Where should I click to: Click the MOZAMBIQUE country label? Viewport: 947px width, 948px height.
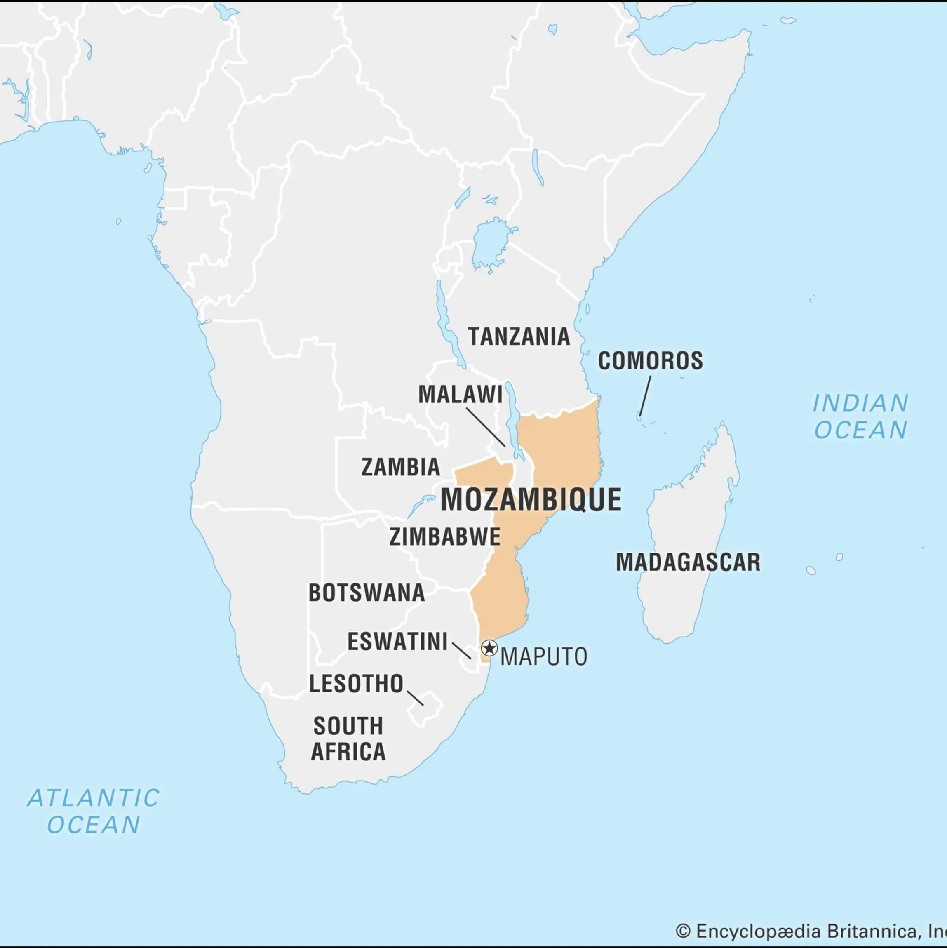coord(531,500)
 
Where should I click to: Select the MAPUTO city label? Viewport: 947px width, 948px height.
coord(544,657)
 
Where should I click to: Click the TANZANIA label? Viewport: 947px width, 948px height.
coord(519,336)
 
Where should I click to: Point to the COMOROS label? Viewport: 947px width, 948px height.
coord(650,361)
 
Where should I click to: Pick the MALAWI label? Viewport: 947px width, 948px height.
coord(460,395)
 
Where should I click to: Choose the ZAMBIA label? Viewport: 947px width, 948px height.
coord(400,467)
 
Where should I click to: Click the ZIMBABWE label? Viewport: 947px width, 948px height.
coord(444,537)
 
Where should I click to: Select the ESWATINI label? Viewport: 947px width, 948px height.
coord(397,642)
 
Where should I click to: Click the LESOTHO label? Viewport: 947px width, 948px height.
coord(356,684)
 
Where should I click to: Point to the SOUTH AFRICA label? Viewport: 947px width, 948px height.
coord(348,739)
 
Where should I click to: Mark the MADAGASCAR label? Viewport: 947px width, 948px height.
coord(688,562)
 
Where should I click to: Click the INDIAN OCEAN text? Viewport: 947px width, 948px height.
coord(861,416)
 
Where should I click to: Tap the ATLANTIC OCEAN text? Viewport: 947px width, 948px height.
coord(93,811)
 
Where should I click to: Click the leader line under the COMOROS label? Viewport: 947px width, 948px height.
coord(645,396)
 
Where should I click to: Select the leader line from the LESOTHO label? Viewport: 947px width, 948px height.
coord(415,698)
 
